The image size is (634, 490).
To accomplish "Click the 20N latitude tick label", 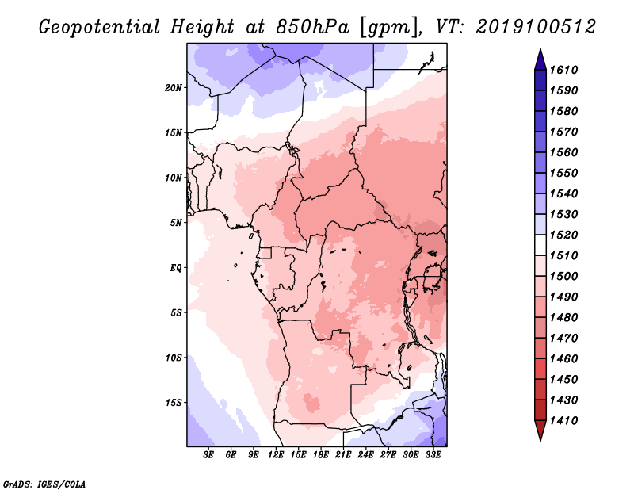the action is click(x=174, y=88).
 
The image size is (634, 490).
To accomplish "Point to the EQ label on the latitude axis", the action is click(x=176, y=268).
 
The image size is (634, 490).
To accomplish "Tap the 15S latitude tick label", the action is click(x=174, y=403).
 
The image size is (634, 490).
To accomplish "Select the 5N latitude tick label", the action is click(x=176, y=223).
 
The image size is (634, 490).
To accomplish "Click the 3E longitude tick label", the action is click(x=208, y=454).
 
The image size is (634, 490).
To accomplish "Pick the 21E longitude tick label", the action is click(x=343, y=454).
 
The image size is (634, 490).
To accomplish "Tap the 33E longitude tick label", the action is click(x=433, y=454).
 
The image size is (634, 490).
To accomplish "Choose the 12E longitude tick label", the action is click(x=276, y=454).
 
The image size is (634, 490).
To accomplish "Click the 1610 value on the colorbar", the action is click(x=564, y=70).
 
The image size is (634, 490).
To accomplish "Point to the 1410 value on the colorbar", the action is click(x=564, y=421).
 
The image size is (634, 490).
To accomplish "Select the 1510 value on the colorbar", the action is click(x=564, y=256).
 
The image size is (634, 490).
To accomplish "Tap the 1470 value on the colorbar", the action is click(x=564, y=339).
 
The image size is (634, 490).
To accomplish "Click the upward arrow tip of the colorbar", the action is click(x=540, y=49).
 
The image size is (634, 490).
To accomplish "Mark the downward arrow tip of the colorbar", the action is click(x=540, y=440).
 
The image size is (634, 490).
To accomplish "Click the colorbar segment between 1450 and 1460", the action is click(x=540, y=369).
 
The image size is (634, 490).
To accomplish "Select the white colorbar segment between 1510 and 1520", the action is click(x=540, y=245).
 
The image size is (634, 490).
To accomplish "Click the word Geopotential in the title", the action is click(x=100, y=27).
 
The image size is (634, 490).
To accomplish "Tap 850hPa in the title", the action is click(x=313, y=27).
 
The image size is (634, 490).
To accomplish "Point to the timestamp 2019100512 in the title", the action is click(x=536, y=27).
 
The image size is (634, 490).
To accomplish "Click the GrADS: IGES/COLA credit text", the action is click(x=44, y=484).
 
